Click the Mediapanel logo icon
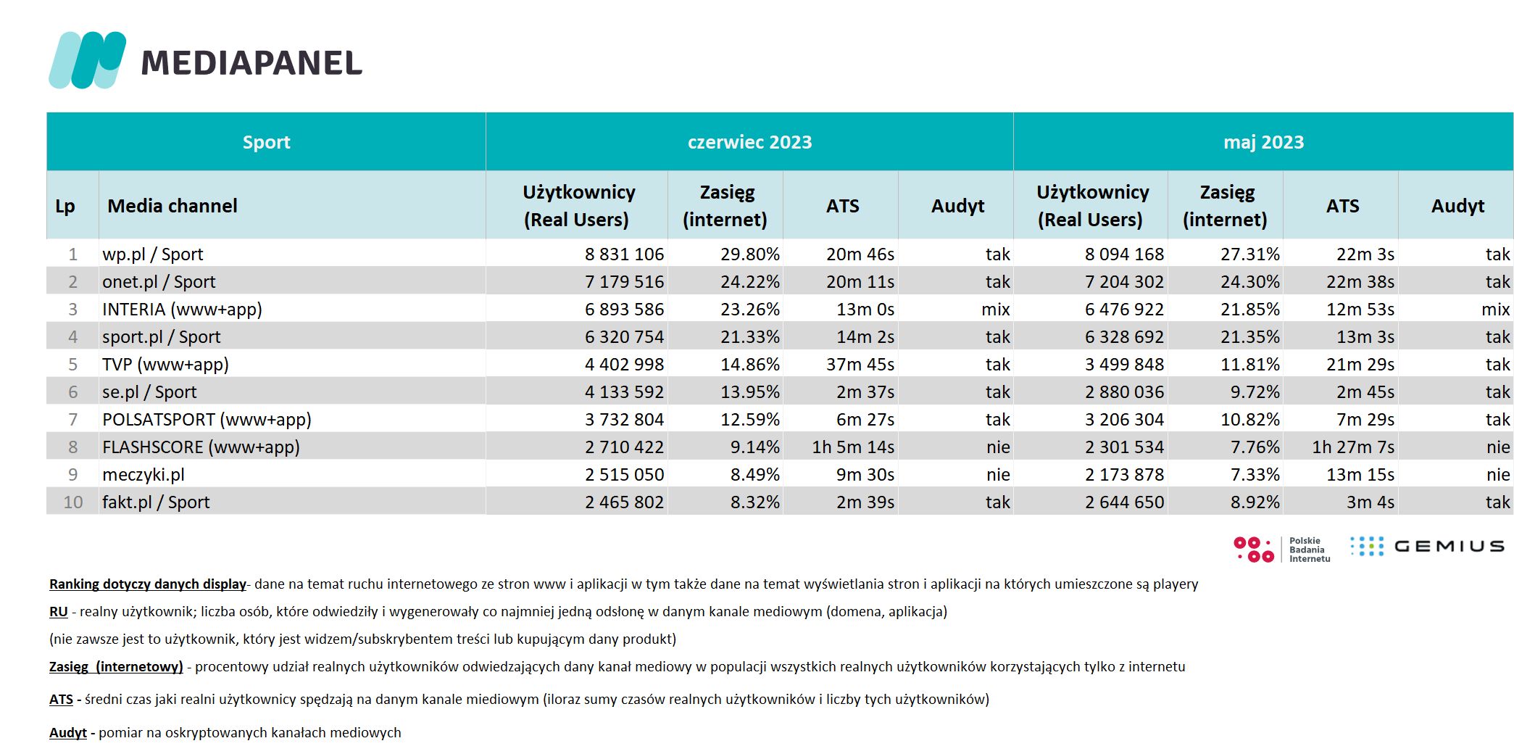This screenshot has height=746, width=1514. pos(88,60)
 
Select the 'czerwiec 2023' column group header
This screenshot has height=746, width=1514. pos(749,142)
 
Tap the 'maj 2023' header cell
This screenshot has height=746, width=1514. pos(1263,142)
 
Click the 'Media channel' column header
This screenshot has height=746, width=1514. pos(172,206)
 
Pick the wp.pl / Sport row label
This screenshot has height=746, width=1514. pos(153,254)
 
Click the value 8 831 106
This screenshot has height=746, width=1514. pos(624,254)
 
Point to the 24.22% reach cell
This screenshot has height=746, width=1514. pos(750,282)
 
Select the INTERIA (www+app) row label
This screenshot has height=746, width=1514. pos(182,310)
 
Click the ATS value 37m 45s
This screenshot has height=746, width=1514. pos(860,365)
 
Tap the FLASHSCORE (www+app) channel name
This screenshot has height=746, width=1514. pos(201,447)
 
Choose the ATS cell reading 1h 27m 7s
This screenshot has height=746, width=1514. pos(1353,447)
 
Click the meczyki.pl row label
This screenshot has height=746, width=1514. pos(144,475)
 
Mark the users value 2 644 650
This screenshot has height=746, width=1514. pos(1124,502)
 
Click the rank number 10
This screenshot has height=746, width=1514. pos(73,502)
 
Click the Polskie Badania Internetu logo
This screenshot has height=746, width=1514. pos(1282,550)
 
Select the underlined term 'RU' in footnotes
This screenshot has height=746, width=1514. pos(59,612)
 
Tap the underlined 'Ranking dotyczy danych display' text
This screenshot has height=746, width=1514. pos(148,584)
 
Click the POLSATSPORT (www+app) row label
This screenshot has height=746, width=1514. pos(207,420)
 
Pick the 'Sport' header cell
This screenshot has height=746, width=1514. pos(267,142)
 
